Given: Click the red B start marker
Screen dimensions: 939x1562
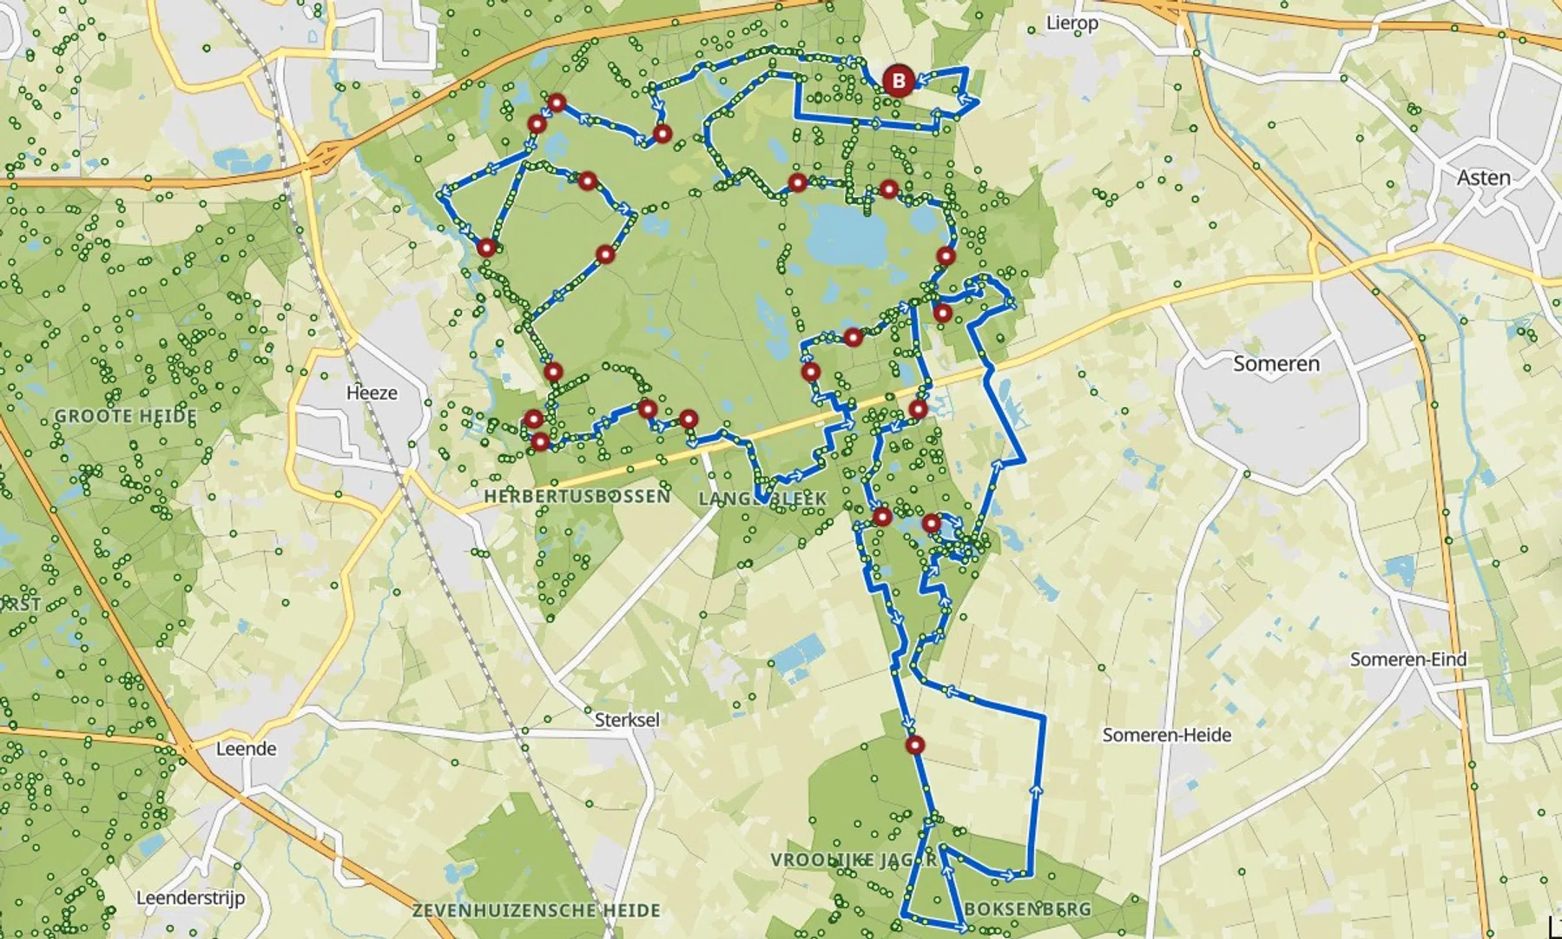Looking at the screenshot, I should coord(898,82).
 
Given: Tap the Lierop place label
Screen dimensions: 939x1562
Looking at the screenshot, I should coord(1071,23).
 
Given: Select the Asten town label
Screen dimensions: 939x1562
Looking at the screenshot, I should coord(1483,178).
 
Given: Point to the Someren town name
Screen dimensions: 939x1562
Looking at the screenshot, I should coord(1275,364).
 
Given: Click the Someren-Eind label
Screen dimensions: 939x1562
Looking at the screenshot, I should coord(1407,659).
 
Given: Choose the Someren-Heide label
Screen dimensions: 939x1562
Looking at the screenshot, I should coord(1166,736).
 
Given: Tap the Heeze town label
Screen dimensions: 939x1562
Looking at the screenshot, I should coord(372,393).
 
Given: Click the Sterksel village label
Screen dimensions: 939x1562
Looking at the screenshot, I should coord(627,720).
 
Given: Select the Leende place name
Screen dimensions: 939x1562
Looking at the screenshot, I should coord(246,749).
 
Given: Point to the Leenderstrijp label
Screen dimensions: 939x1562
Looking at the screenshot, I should coord(190,898).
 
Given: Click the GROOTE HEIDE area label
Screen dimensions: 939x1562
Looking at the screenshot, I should coord(125,416).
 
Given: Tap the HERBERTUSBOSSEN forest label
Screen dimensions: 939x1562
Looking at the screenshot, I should coord(577,496).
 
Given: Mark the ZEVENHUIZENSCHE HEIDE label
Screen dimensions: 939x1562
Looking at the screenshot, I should coord(536,910).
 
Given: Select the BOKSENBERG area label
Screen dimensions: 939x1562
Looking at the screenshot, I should coord(1027,909).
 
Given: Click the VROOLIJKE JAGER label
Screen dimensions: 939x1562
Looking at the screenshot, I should coord(853,859).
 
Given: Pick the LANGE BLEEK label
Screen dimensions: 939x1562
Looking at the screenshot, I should coord(762,499).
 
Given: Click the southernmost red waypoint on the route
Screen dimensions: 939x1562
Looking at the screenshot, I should coord(915,744).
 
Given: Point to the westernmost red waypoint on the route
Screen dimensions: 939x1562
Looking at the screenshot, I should coord(486,248).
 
